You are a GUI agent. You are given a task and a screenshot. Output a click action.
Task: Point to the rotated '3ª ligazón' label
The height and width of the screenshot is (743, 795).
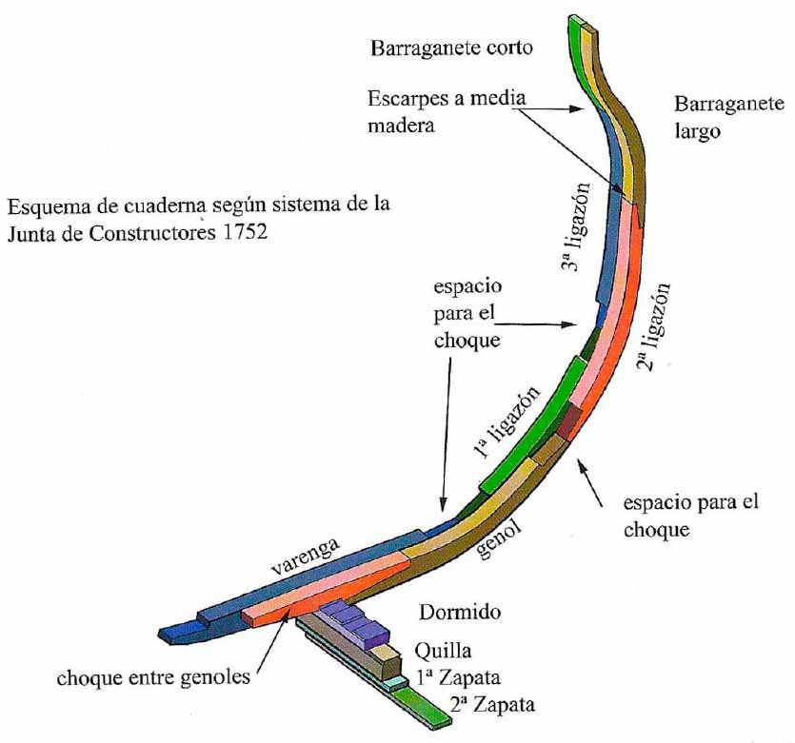pos(578,227)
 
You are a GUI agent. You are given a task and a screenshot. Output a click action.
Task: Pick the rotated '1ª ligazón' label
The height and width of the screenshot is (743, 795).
pos(506,423)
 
